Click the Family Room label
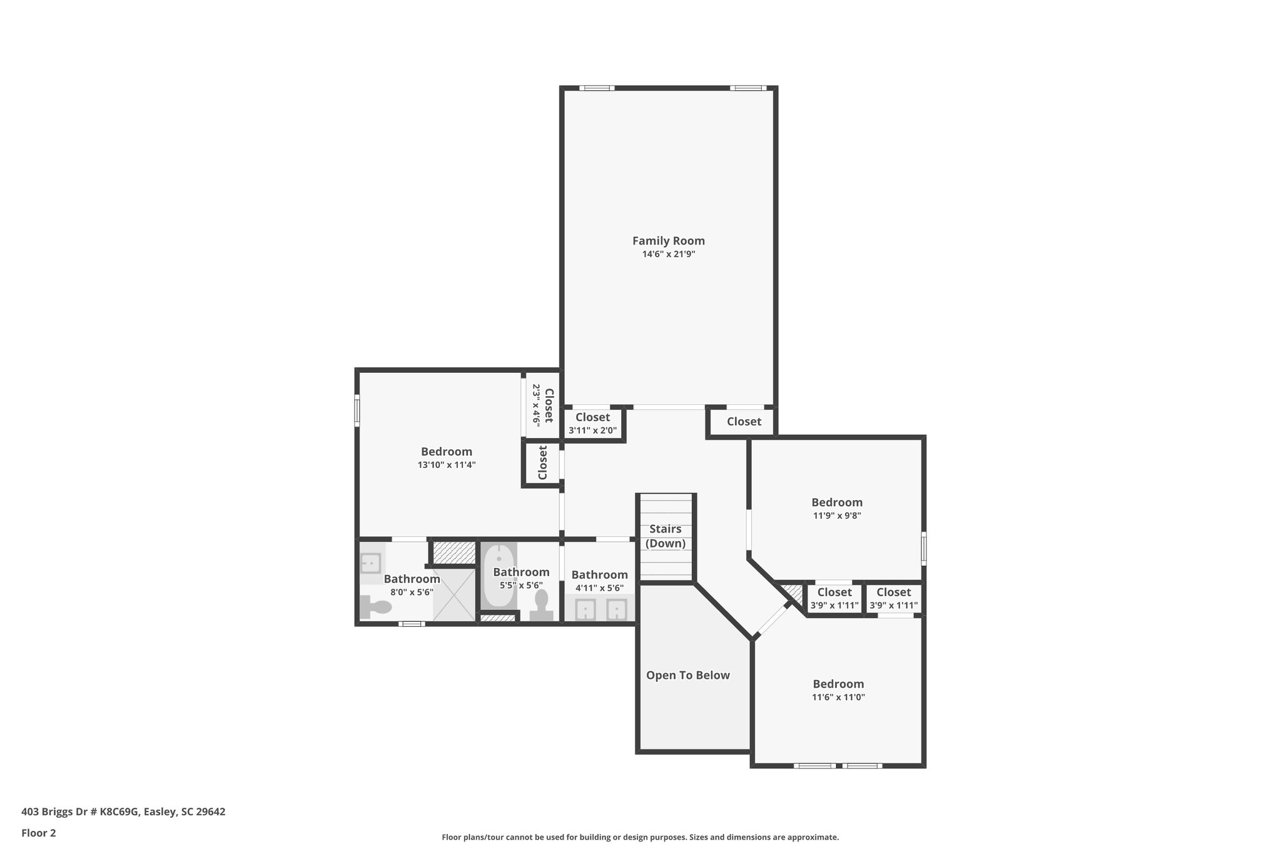coord(668,241)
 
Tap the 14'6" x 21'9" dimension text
coord(668,255)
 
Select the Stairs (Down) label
coord(666,536)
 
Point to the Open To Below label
coord(687,675)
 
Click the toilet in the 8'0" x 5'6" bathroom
coord(376,606)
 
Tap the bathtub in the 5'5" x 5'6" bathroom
coord(499,576)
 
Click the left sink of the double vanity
coord(585,609)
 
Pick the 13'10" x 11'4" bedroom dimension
coord(447,465)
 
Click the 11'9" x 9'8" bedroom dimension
coord(837,516)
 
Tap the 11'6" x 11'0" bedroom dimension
coord(838,697)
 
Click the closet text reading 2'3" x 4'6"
coord(536,405)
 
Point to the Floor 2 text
coord(39,833)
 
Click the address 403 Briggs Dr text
coord(123,812)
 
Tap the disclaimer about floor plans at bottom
coord(640,837)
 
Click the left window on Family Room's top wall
coord(596,88)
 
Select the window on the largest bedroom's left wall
coord(357,410)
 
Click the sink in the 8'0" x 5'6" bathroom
coord(371,563)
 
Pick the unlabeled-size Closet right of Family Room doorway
coord(744,422)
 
